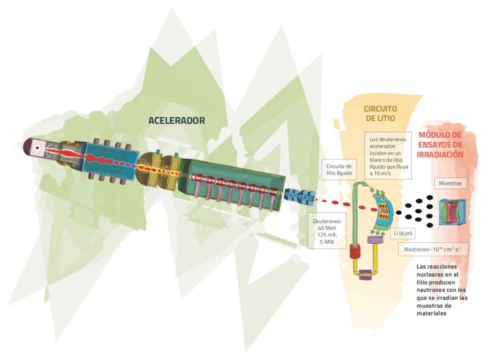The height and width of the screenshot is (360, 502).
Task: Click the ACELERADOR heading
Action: [176, 120]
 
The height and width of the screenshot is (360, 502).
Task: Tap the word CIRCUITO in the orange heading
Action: [380, 108]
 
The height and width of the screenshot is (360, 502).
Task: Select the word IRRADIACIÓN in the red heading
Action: [440, 154]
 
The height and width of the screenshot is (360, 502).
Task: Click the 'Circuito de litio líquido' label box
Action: [339, 169]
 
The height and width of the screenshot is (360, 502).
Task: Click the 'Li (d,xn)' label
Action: [403, 233]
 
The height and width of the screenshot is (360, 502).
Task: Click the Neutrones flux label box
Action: [432, 250]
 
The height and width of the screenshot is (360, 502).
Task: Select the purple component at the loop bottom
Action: [366, 275]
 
